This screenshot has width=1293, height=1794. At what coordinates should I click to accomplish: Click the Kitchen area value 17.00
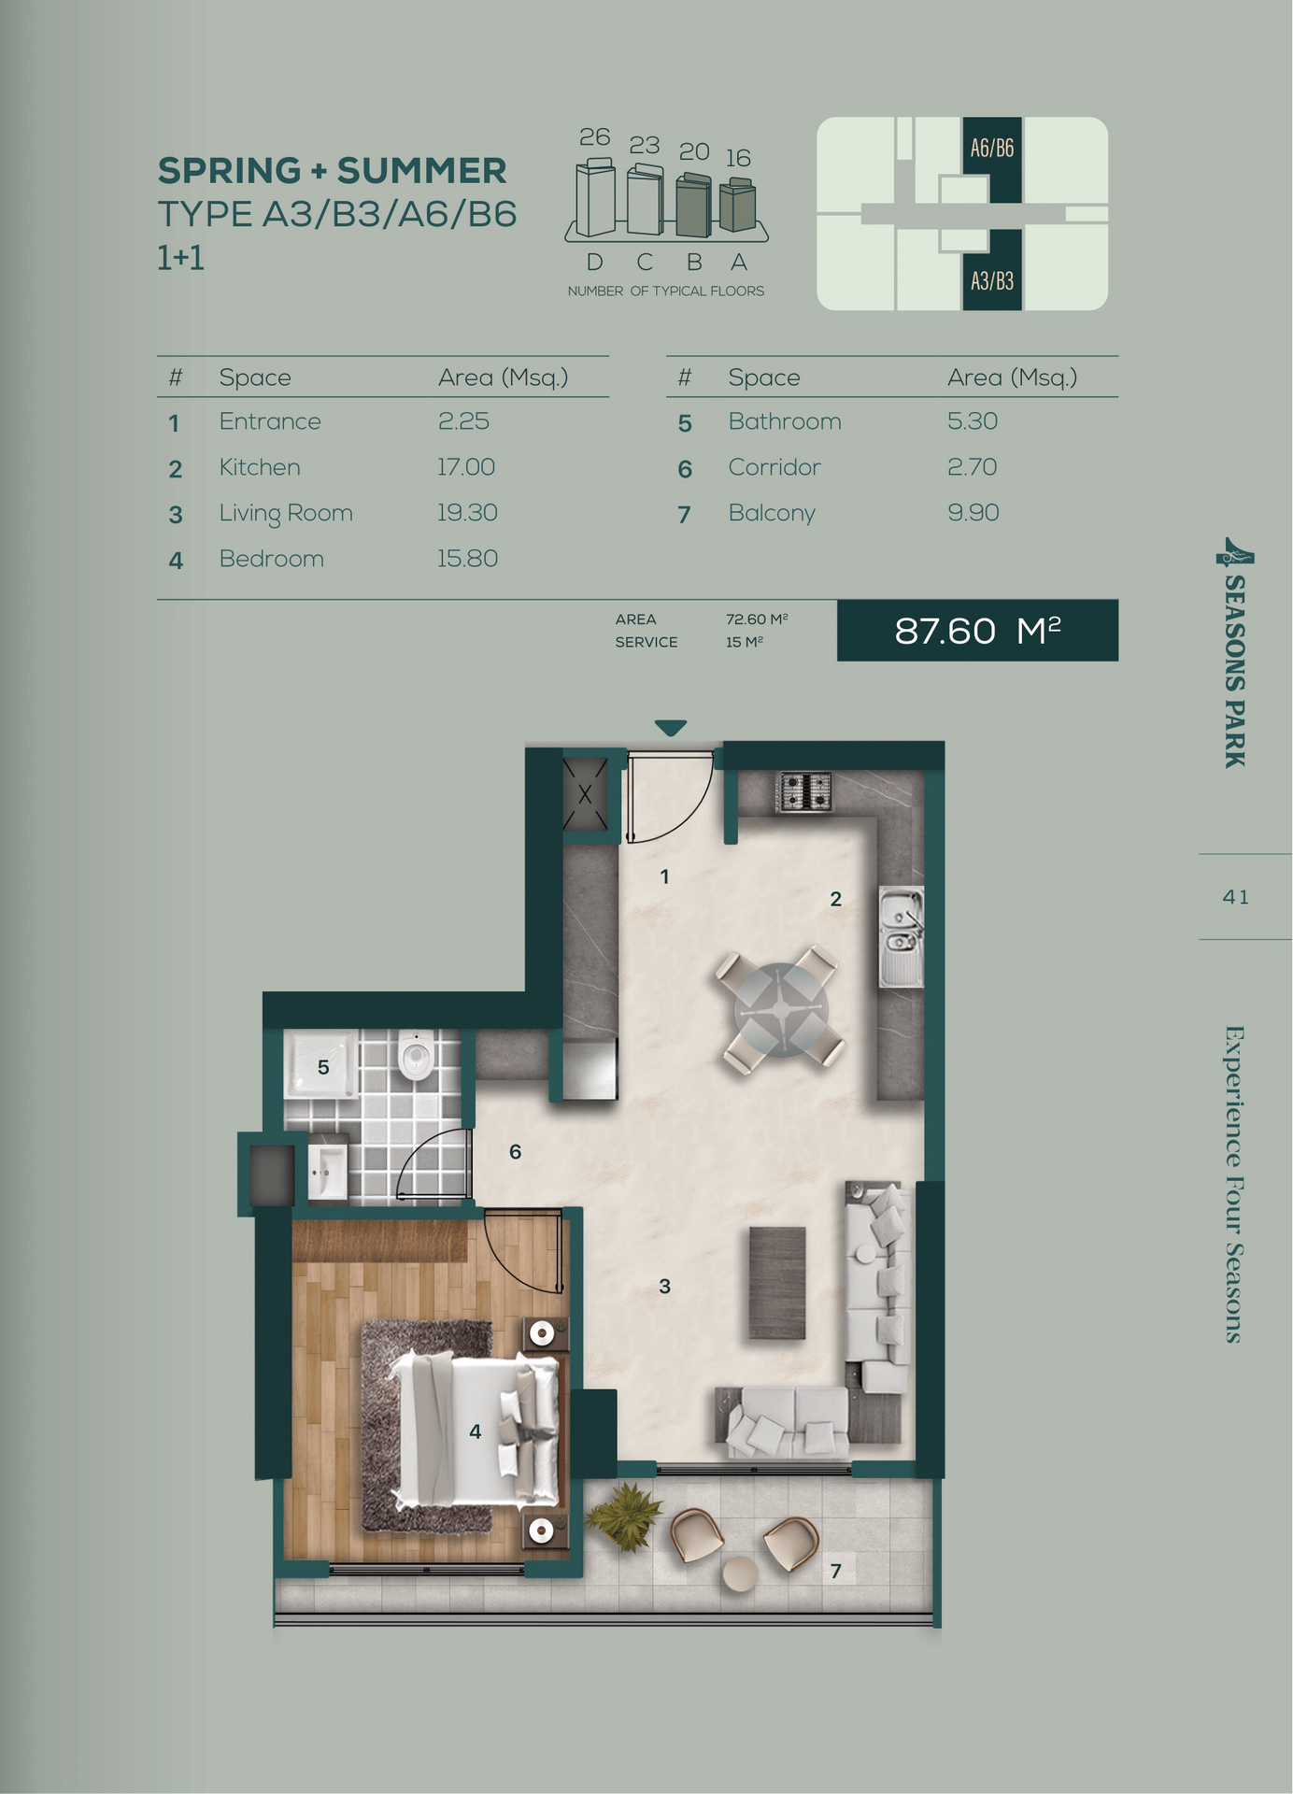click(466, 467)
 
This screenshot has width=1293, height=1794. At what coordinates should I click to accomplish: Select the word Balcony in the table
click(772, 514)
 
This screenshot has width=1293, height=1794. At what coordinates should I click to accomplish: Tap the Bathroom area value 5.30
click(973, 421)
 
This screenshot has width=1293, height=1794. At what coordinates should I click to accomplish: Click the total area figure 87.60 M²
click(977, 631)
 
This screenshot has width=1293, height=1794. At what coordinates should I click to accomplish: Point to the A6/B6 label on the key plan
click(992, 148)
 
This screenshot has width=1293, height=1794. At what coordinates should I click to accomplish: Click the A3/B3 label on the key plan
click(992, 281)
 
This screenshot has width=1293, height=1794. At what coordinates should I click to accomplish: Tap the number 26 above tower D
click(595, 137)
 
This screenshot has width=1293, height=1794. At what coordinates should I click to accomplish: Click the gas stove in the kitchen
click(804, 791)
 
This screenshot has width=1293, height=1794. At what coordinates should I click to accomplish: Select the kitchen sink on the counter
click(901, 936)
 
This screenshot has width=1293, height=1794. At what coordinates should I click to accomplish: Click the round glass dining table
click(781, 1010)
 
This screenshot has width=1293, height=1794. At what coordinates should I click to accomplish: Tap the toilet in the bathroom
click(416, 1056)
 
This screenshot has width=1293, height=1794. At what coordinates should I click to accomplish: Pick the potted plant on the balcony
click(625, 1516)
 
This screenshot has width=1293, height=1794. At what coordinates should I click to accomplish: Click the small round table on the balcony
click(741, 1574)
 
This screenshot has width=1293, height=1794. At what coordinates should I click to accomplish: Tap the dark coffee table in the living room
click(777, 1283)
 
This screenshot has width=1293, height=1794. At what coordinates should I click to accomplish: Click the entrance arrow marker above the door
click(671, 728)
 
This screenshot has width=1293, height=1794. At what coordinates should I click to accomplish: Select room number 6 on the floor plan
click(515, 1152)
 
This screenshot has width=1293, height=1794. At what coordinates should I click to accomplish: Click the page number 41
click(1236, 897)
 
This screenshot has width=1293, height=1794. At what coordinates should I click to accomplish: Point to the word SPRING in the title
click(229, 171)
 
